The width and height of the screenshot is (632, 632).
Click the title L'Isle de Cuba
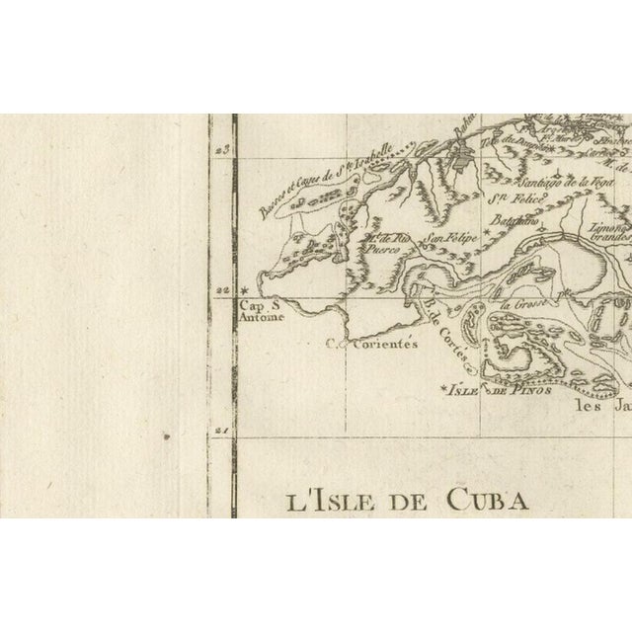(x=407, y=500)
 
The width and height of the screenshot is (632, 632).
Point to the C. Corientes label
(x=374, y=346)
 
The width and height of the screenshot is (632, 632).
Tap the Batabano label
(x=518, y=224)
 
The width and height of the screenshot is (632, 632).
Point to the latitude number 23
(x=220, y=148)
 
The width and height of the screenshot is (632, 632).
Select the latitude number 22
(x=221, y=290)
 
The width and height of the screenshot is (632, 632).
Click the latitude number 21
(x=220, y=431)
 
